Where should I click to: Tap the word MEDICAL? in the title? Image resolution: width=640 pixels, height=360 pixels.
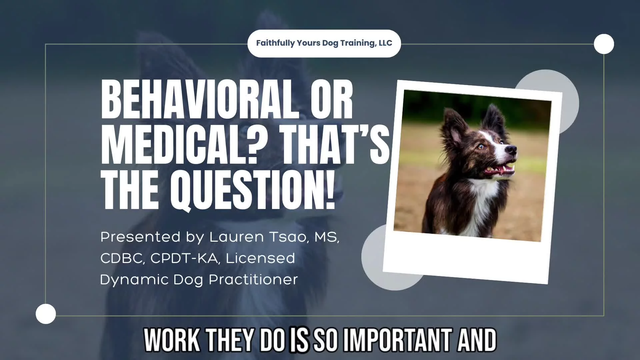pyautogui.click(x=179, y=145)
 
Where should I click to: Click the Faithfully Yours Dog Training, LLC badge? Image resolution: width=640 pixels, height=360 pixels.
pyautogui.click(x=324, y=43)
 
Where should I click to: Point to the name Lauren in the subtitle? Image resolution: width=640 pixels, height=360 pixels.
pyautogui.click(x=236, y=237)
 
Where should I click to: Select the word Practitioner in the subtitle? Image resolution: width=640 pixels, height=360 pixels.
pyautogui.click(x=253, y=279)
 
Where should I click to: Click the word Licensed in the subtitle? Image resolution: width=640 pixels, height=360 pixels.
pyautogui.click(x=260, y=258)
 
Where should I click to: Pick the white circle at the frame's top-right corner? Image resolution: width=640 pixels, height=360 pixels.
pyautogui.click(x=604, y=44)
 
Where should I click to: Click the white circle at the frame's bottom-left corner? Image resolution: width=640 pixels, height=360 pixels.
pyautogui.click(x=46, y=314)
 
